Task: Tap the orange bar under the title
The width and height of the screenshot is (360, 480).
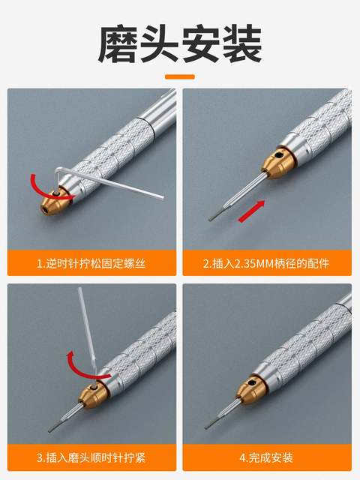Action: pyautogui.click(x=180, y=76)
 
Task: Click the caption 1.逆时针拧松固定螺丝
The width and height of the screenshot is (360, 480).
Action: pyautogui.click(x=91, y=263)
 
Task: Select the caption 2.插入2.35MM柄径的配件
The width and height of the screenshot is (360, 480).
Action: pyautogui.click(x=267, y=263)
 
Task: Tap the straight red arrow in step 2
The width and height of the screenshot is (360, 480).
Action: pyautogui.click(x=252, y=212)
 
